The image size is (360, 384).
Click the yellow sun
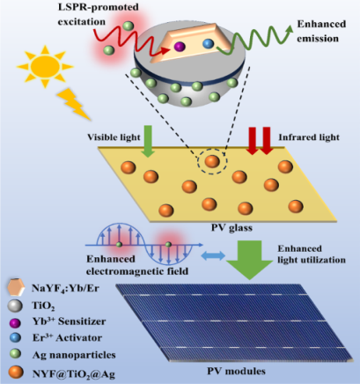coord(45,67)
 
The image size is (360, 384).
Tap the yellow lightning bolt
coord(73,104)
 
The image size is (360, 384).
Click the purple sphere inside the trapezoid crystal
coord(180,47)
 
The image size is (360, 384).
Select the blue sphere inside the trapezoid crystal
coord(208,44)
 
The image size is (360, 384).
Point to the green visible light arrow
coord(148,141)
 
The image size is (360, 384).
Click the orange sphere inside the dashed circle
coord(212,161)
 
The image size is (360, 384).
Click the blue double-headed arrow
coord(213,255)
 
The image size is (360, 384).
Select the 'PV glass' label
coord(231,228)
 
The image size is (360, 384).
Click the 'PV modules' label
coord(236,371)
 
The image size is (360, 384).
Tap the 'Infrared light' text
coord(309,137)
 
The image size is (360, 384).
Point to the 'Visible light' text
coord(114,137)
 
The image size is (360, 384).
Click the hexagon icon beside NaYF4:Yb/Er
coord(16,287)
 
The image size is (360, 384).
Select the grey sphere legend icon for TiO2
coord(15,306)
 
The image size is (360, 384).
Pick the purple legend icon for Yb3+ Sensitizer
coord(15,322)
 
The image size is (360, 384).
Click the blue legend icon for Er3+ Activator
coord(15,337)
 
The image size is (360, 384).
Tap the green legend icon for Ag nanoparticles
coord(15,353)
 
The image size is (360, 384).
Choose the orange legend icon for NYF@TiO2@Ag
coord(16,373)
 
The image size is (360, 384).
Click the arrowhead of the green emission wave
coord(290,28)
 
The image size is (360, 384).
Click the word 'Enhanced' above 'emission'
coord(321,24)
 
